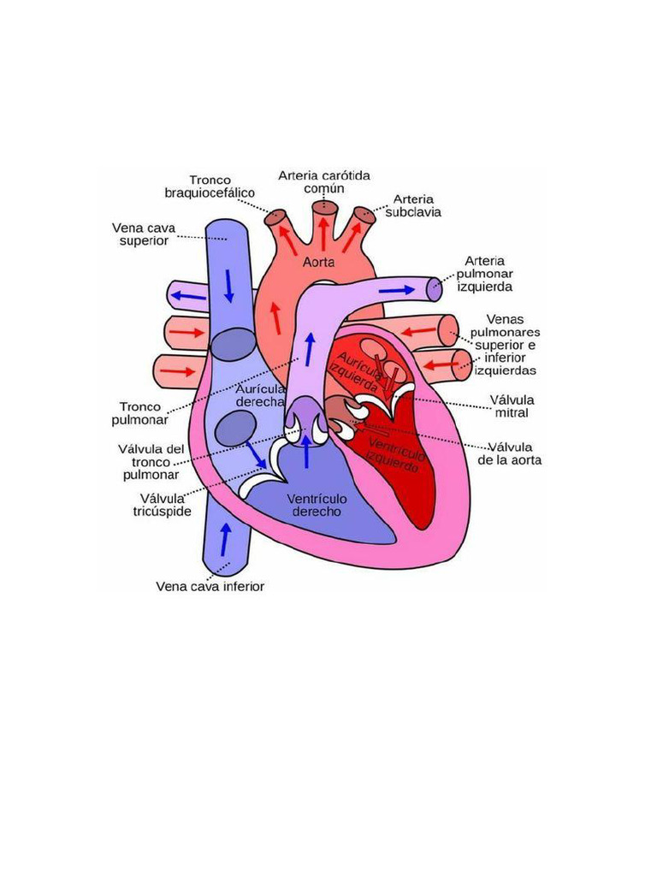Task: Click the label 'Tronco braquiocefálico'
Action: [210, 186]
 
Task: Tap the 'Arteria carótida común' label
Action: [324, 181]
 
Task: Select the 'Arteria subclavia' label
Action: [413, 206]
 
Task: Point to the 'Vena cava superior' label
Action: [145, 234]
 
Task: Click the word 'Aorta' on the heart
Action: [318, 262]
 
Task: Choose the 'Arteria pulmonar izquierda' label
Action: [485, 274]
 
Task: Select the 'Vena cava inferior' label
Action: [210, 587]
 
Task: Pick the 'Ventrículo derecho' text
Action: [316, 505]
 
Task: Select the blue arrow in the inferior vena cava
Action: [225, 539]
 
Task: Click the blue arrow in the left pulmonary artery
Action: [396, 290]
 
